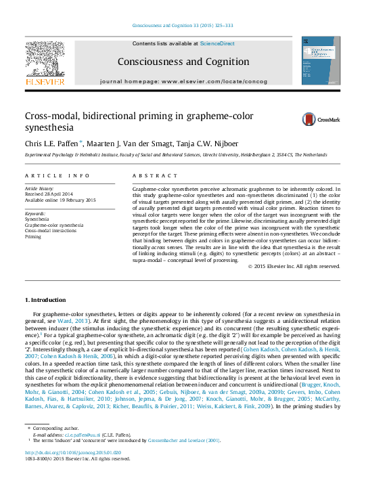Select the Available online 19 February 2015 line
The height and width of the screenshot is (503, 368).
pos(60,200)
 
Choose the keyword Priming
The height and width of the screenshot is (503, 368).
pos(32,237)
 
